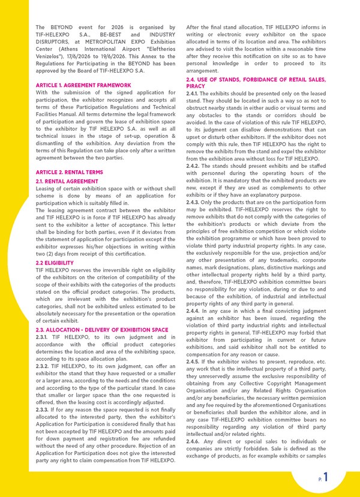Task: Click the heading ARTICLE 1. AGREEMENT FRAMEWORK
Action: click(83, 86)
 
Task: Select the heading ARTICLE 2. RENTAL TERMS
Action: click(69, 172)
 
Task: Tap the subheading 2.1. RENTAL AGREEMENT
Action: click(67, 180)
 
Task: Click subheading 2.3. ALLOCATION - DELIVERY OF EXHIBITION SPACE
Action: click(102, 330)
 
